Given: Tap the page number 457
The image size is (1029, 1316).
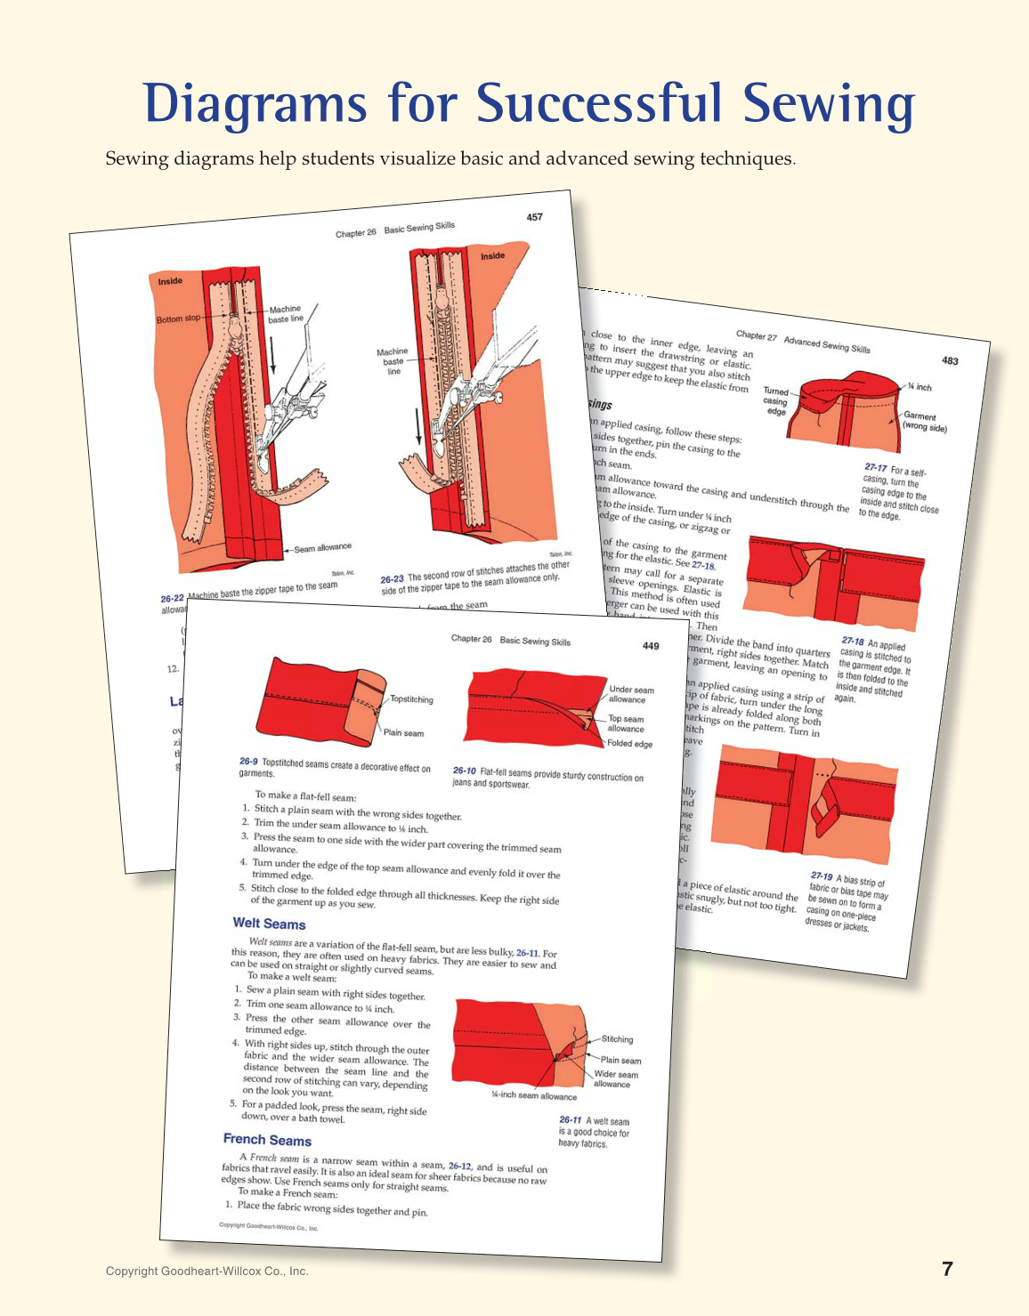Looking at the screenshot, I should pyautogui.click(x=534, y=217).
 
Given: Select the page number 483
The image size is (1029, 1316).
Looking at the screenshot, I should pyautogui.click(x=950, y=360).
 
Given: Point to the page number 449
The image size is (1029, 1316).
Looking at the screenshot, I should pyautogui.click(x=651, y=646).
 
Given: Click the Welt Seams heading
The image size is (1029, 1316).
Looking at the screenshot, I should pyautogui.click(x=269, y=924).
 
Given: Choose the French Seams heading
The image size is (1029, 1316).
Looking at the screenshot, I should pyautogui.click(x=267, y=1140).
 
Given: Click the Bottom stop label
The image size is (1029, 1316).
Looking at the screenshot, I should pyautogui.click(x=179, y=319).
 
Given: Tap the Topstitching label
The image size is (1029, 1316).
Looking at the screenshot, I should pyautogui.click(x=411, y=699).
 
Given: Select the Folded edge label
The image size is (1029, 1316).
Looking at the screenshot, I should pyautogui.click(x=629, y=744).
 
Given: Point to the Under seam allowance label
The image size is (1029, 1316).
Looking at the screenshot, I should pyautogui.click(x=630, y=695).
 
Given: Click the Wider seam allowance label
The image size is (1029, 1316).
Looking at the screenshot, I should pyautogui.click(x=615, y=1079).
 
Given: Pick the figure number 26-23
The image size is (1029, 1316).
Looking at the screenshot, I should pyautogui.click(x=392, y=579).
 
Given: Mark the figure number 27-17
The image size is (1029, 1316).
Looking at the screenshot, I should pyautogui.click(x=875, y=467).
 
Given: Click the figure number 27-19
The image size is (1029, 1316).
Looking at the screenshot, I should pyautogui.click(x=822, y=876).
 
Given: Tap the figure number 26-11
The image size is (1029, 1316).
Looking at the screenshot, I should pyautogui.click(x=570, y=1120).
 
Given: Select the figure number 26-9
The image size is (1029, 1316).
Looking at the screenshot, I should pyautogui.click(x=248, y=762).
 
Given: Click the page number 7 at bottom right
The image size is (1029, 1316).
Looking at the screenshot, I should pyautogui.click(x=947, y=1270).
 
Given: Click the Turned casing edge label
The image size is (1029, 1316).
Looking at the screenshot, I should pyautogui.click(x=775, y=401).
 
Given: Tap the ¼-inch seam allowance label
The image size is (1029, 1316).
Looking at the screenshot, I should pyautogui.click(x=534, y=1096).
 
